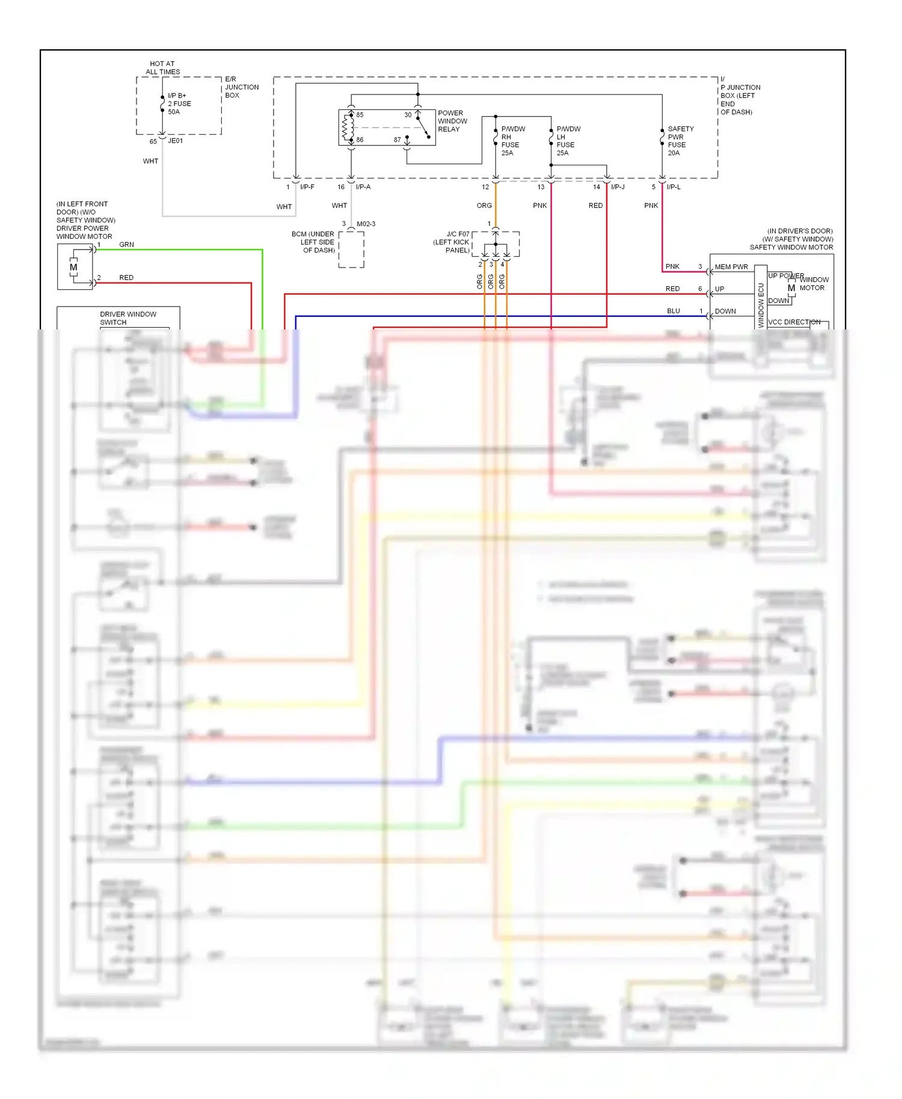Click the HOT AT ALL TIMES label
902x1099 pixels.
pos(162,67)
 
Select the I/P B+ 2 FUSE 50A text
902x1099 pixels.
pos(179,103)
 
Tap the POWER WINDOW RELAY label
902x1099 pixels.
pos(452,121)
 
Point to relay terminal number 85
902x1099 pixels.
pos(360,115)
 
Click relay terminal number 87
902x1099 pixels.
pos(397,139)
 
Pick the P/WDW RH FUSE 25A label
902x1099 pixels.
pos(512,141)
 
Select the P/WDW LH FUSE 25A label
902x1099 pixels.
pos(568,141)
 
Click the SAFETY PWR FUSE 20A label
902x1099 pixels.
pos(680,141)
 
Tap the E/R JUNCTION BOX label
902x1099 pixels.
pos(241,87)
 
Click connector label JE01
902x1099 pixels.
pos(176,141)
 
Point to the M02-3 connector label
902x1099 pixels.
pos(366,224)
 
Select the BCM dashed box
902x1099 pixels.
pos(351,249)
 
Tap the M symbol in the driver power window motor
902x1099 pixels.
pos(73,268)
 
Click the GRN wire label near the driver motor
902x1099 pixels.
pos(126,245)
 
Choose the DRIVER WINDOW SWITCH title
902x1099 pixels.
pos(127,318)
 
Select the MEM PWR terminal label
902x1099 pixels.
pos(731,267)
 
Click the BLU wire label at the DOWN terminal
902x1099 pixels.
pos(673,311)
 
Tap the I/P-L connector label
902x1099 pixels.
pos(673,187)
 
